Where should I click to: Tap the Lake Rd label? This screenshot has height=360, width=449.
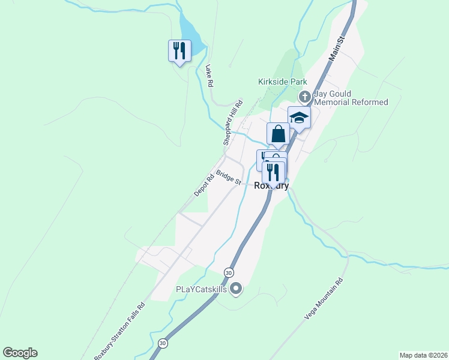pyautogui.click(x=209, y=77)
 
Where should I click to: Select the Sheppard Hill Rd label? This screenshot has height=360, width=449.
pyautogui.click(x=233, y=122)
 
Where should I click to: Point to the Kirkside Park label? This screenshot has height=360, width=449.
pyautogui.click(x=282, y=82)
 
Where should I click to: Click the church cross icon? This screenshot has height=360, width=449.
pyautogui.click(x=304, y=97)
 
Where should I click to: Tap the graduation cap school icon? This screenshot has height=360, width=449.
pyautogui.click(x=299, y=117)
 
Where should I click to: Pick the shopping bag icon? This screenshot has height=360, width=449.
pyautogui.click(x=278, y=133)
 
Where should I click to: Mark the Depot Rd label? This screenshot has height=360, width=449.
pyautogui.click(x=204, y=185)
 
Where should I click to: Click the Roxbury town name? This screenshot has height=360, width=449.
pyautogui.click(x=271, y=186)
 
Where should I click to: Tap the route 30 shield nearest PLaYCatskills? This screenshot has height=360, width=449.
pyautogui.click(x=229, y=272)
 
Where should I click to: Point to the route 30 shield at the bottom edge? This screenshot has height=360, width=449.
pyautogui.click(x=163, y=343)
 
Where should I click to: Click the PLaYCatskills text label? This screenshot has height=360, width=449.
pyautogui.click(x=201, y=289)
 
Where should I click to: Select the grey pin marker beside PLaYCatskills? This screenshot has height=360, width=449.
pyautogui.click(x=236, y=289)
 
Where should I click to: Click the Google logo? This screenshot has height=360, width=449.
pyautogui.click(x=20, y=353)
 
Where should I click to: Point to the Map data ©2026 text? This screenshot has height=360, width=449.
pyautogui.click(x=423, y=355)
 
